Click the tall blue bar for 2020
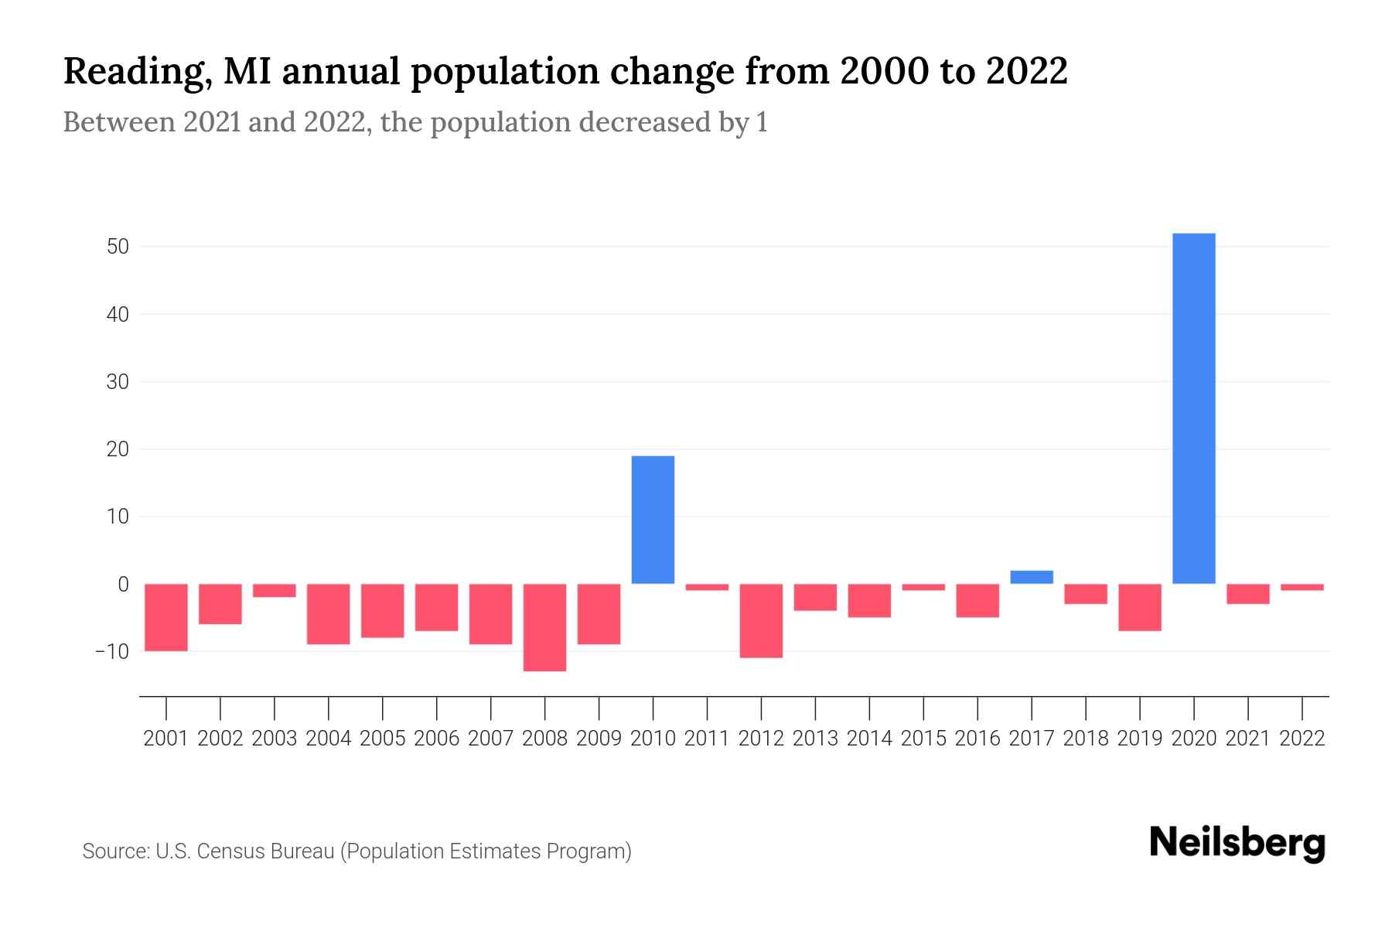tap(1194, 408)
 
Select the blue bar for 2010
tap(653, 520)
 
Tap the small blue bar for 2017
tap(1032, 577)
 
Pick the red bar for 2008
tap(544, 627)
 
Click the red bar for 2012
tap(761, 621)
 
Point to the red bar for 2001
tap(166, 617)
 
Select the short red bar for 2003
tap(275, 591)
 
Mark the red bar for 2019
tap(1140, 607)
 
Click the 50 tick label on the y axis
tap(118, 247)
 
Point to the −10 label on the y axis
tap(112, 651)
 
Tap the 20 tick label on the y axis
tap(118, 449)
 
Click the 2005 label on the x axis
tap(383, 739)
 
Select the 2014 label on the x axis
tap(869, 739)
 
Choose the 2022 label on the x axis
tap(1302, 739)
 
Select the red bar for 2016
tap(977, 601)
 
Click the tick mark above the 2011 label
tap(707, 708)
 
